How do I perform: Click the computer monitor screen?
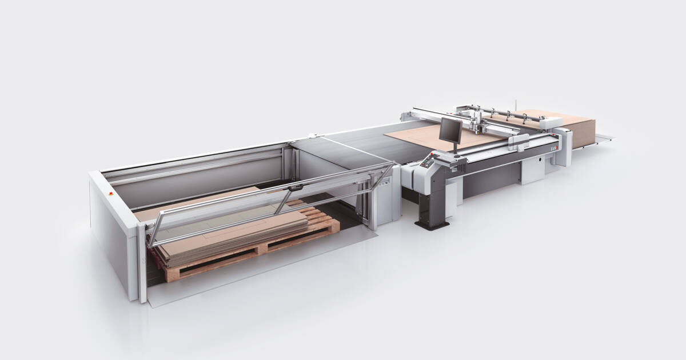450,130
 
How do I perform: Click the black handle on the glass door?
295,187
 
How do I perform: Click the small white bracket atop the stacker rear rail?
312,135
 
